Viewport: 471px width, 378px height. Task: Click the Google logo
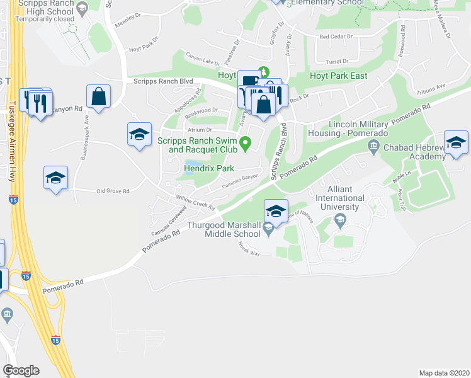pyautogui.click(x=21, y=370)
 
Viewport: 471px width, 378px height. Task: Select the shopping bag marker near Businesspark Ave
pyautogui.click(x=99, y=97)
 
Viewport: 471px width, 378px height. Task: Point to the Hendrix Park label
pyautogui.click(x=209, y=168)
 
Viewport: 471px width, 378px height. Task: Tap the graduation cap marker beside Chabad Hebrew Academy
pyautogui.click(x=456, y=143)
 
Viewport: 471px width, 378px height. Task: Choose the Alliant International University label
pyautogui.click(x=345, y=198)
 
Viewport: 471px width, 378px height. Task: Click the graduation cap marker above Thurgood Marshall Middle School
pyautogui.click(x=276, y=212)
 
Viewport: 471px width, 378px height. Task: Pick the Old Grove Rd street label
pyautogui.click(x=113, y=191)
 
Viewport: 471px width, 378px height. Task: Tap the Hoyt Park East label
pyautogui.click(x=338, y=76)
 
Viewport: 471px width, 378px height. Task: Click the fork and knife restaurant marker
pyautogui.click(x=41, y=103)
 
